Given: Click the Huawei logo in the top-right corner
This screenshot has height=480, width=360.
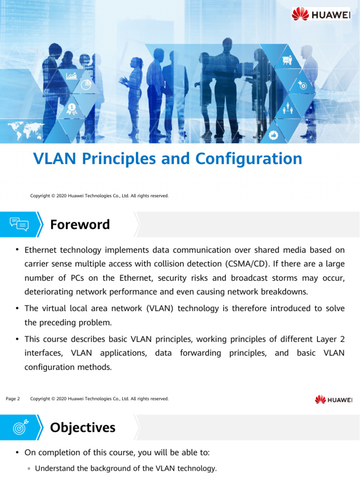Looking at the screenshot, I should click(x=321, y=15).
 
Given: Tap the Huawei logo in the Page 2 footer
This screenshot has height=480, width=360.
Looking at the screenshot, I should click(x=333, y=399).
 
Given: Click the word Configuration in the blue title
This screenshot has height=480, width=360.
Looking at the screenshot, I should click(x=248, y=159).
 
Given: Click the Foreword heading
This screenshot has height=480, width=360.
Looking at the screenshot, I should click(x=80, y=225).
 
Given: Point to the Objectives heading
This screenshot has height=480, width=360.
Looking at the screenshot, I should click(x=82, y=427).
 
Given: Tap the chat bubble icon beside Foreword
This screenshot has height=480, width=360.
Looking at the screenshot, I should click(x=19, y=225).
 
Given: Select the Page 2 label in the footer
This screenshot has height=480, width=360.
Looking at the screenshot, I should click(x=13, y=399).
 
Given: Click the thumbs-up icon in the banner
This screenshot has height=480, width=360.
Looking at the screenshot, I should click(x=274, y=135).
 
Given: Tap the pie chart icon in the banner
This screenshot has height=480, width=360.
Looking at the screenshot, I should click(x=86, y=85).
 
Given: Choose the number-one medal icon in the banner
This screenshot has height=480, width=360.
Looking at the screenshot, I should click(x=72, y=109).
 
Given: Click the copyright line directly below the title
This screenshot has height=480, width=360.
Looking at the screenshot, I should click(x=99, y=195).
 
